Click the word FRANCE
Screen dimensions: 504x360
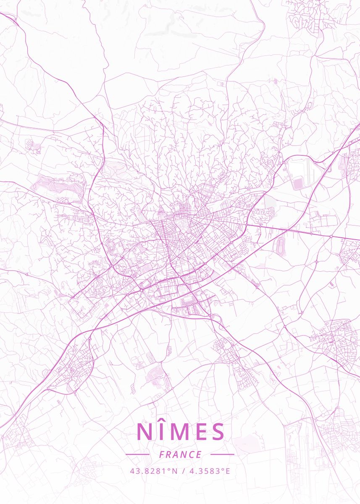[180, 454]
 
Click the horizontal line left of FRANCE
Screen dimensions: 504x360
[137, 454]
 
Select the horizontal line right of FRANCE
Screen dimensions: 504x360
[222, 454]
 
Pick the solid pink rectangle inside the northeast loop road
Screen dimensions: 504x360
[298, 184]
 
